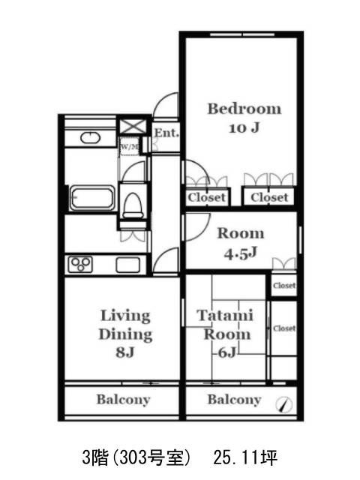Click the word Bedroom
pyautogui.click(x=244, y=109)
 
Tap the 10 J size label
pyautogui.click(x=244, y=127)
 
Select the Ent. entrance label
pyautogui.click(x=166, y=133)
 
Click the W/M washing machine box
pyautogui.click(x=129, y=147)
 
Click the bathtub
pyautogui.click(x=92, y=198)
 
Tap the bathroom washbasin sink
pyautogui.click(x=90, y=137)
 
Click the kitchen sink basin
pyautogui.click(x=128, y=265)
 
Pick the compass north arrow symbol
pyautogui.click(x=283, y=405)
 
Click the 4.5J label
pyautogui.click(x=240, y=253)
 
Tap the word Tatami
pyautogui.click(x=225, y=316)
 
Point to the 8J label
pyautogui.click(x=125, y=352)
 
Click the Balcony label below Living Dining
pyautogui.click(x=123, y=400)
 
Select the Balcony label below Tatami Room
pyautogui.click(x=234, y=400)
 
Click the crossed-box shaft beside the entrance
pyautogui.click(x=133, y=127)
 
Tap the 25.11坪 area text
pyautogui.click(x=245, y=457)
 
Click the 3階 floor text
pyautogui.click(x=95, y=457)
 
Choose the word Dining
pyautogui.click(x=125, y=334)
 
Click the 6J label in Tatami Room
pyautogui.click(x=226, y=352)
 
